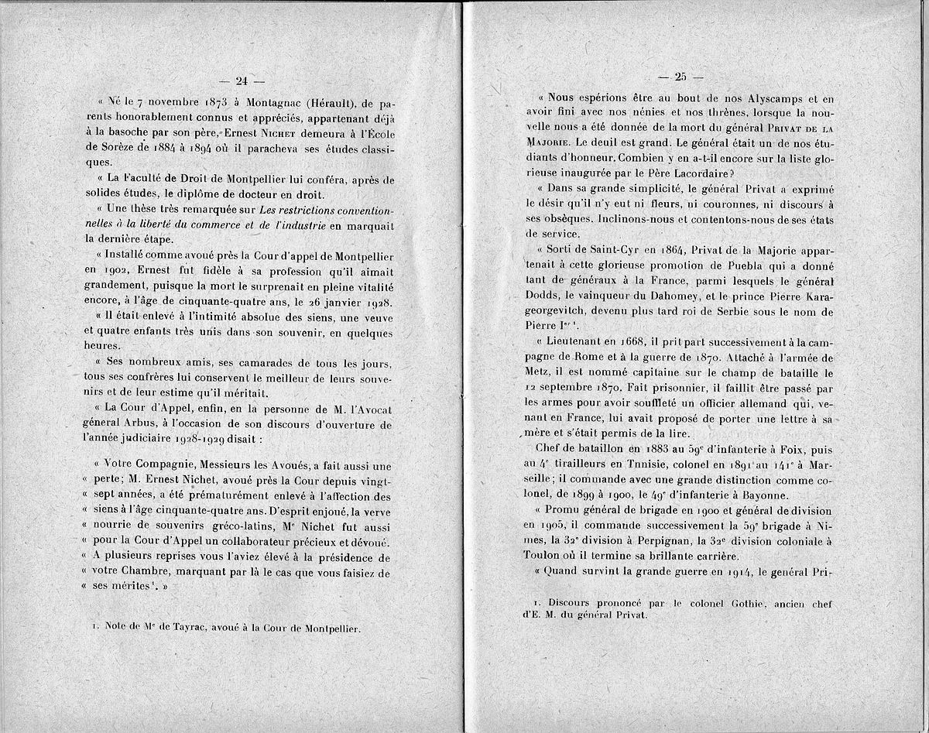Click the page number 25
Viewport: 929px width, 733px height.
tap(681, 77)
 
